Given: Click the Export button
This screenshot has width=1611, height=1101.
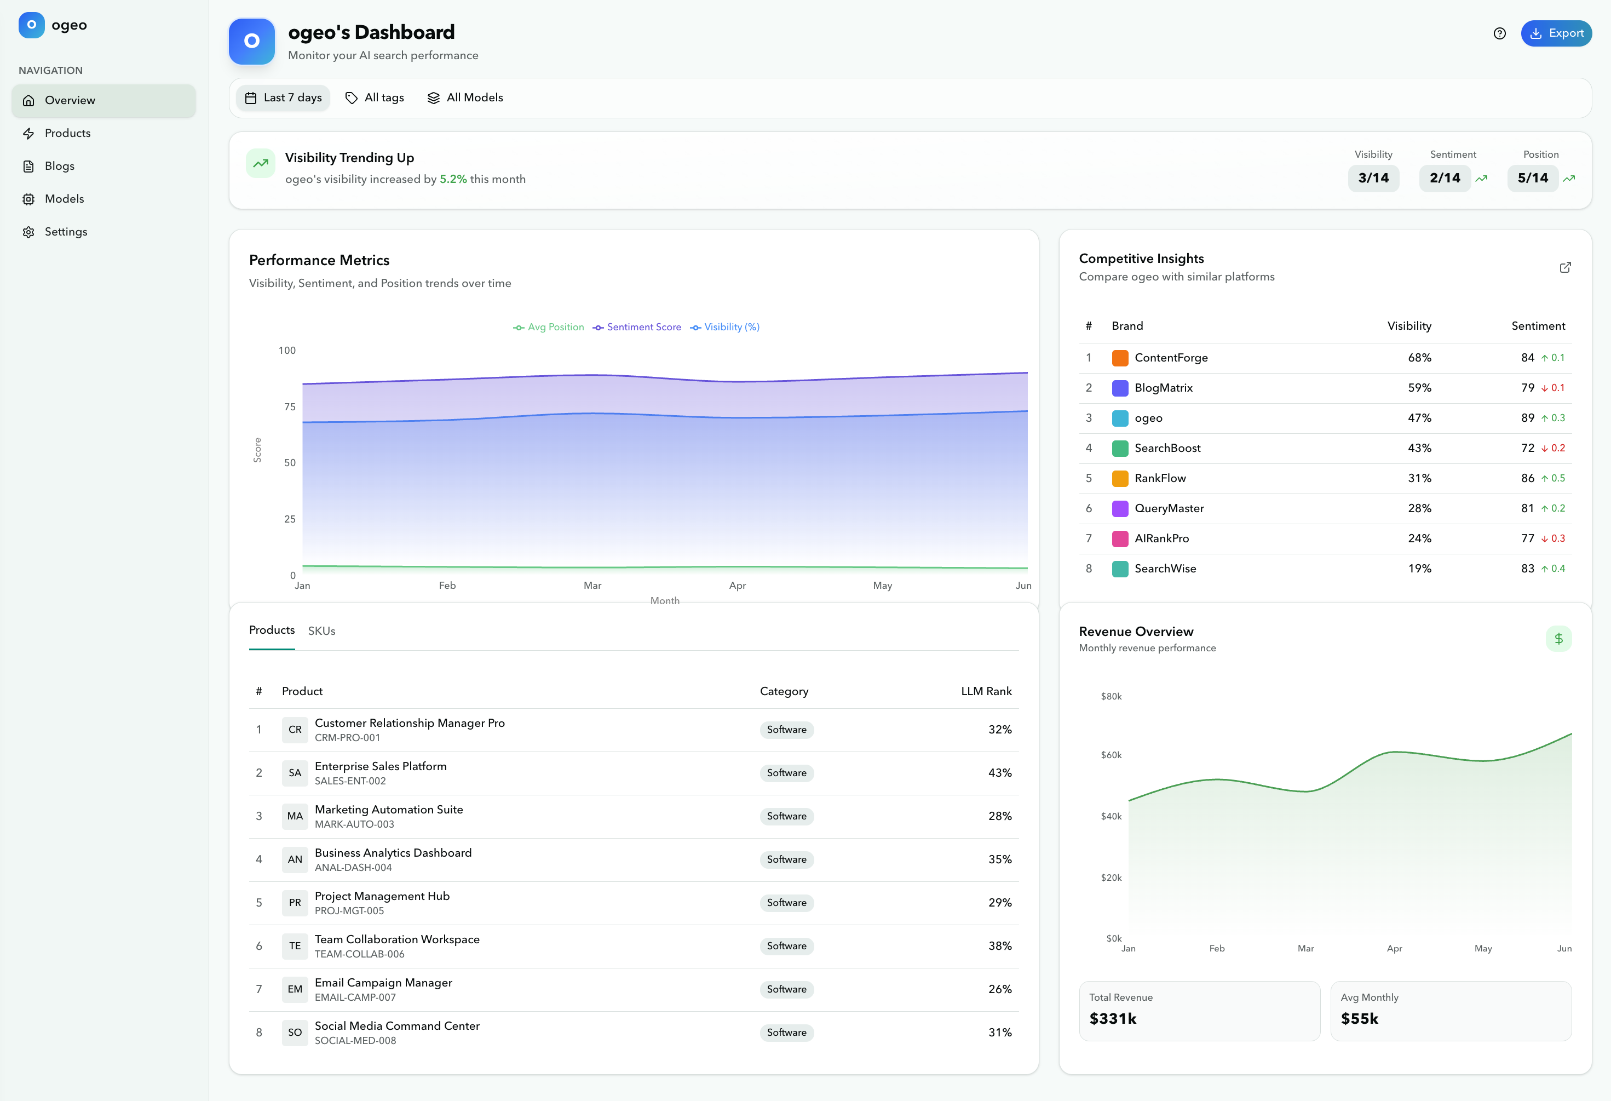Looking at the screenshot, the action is [1556, 33].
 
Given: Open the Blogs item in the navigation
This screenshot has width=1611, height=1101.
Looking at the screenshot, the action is [60, 166].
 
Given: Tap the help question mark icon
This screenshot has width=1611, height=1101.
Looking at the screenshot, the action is [1499, 33].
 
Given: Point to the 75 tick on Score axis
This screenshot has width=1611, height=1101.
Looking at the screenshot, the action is [290, 407].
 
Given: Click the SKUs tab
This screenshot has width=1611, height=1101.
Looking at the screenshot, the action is [321, 631].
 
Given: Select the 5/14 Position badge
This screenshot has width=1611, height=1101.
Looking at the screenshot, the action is [1532, 178].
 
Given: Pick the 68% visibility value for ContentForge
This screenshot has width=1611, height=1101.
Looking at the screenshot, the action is [1419, 358].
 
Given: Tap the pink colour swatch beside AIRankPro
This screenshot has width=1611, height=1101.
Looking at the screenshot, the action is [1119, 538].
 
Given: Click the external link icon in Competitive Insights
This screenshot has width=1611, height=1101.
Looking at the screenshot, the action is [1564, 268].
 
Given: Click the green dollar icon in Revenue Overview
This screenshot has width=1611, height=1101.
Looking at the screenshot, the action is [1558, 639].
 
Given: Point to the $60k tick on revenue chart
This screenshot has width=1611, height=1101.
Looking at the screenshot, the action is [1111, 755].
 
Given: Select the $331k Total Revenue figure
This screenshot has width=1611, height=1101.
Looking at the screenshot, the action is [1113, 1018].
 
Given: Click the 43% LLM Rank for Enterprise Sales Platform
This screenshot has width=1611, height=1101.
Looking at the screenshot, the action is [999, 773].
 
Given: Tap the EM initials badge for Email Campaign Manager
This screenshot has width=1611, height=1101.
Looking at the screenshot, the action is [295, 989].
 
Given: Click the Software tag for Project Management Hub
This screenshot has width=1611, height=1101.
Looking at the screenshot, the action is [786, 903].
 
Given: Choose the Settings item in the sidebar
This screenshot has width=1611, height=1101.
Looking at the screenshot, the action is [66, 232].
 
